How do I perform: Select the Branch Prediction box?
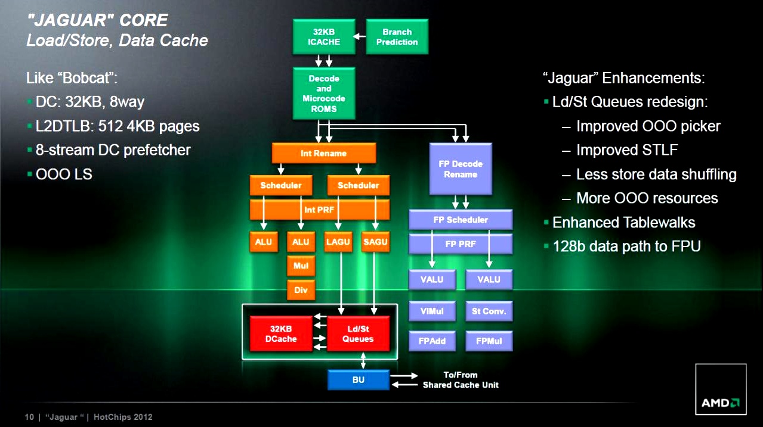pos(397,37)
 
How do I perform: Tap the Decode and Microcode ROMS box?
pos(324,93)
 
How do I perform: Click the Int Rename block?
pos(323,153)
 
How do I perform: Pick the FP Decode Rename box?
pos(461,169)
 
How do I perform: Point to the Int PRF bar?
pos(319,210)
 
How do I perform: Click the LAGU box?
pos(339,242)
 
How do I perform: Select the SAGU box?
pos(375,242)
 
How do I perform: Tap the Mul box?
pos(301,266)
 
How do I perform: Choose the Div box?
pos(301,290)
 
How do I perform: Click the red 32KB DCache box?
pos(281,334)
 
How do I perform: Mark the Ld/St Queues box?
pos(358,334)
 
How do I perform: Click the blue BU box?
pos(358,379)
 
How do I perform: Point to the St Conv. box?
pos(489,311)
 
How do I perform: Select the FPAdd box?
pos(432,341)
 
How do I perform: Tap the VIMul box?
pos(432,311)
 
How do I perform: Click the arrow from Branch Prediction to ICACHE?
pos(360,37)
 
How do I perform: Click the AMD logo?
pos(721,403)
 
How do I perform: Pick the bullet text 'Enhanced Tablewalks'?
pos(623,223)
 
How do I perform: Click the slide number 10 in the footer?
pos(29,417)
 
